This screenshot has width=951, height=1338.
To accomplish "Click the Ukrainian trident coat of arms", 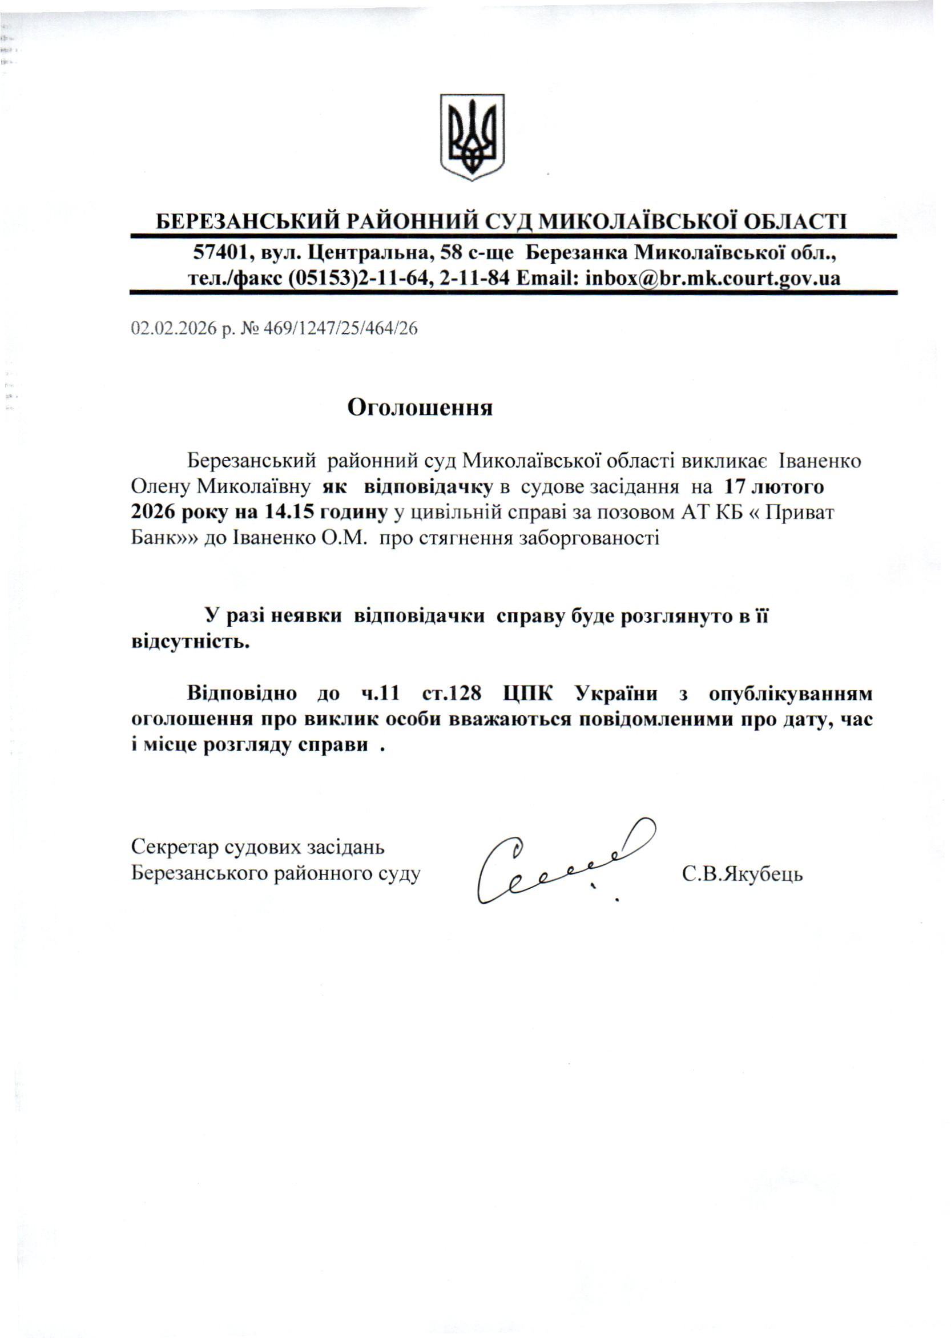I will tap(472, 137).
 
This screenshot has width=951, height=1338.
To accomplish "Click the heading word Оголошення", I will tap(420, 408).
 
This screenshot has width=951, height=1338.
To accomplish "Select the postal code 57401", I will tap(216, 253).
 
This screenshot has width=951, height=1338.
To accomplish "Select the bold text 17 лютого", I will tap(774, 486).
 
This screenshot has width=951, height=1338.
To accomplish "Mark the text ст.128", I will tap(452, 694).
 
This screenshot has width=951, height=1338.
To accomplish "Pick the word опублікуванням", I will tap(790, 694).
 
